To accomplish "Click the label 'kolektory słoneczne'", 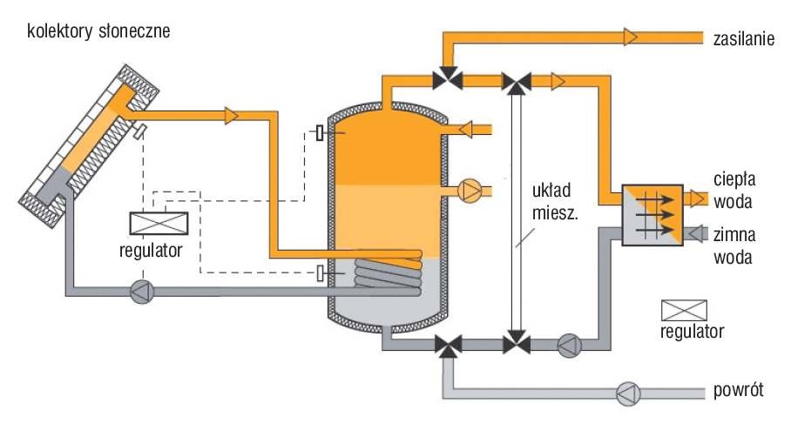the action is coord(98,31).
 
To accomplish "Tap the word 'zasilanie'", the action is coord(744,39).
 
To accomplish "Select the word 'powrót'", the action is coord(739,390).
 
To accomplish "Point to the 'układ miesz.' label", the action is coord(555,202).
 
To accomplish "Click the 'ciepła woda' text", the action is coord(734,191).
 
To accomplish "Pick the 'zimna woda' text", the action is coord(734,246).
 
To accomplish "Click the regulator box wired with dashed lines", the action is coord(159,224).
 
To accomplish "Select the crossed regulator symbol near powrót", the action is coord(684,311).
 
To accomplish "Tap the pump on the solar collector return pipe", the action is coord(142,292).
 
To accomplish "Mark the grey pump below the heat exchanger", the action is coord(570,346).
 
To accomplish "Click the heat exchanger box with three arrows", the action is coord(652,215).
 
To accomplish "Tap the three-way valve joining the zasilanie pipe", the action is coord(448,78).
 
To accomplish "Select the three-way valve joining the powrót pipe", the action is coord(448,346).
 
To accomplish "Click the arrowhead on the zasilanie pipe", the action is coord(631,37).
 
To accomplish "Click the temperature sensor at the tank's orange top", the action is coord(320,132).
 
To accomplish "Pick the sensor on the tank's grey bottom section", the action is coord(320,273).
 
